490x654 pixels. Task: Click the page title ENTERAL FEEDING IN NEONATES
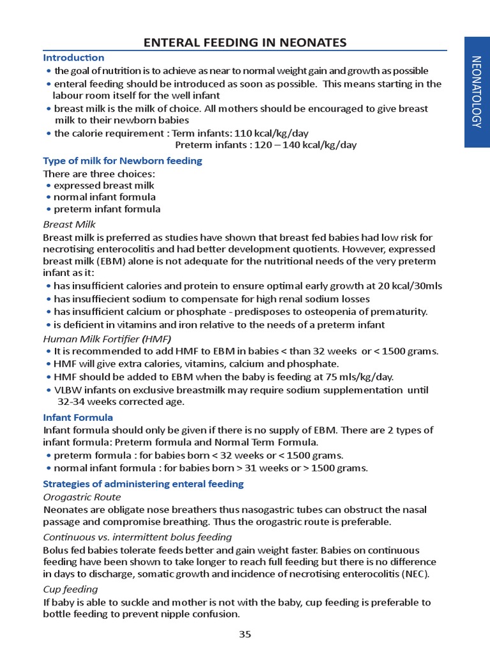point(245,43)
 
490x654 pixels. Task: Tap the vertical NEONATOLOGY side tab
point(477,92)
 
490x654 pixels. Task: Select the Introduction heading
point(73,57)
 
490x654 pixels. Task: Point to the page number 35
point(245,634)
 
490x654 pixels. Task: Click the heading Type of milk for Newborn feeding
point(122,160)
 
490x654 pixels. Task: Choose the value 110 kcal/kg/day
point(272,133)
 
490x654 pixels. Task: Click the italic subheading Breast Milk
point(69,224)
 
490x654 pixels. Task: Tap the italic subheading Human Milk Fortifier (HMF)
point(107,338)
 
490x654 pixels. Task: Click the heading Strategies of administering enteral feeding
point(143,483)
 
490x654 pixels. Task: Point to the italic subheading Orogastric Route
point(82,496)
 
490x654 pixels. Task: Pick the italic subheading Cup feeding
point(70,589)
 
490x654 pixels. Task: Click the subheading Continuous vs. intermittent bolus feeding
point(137,536)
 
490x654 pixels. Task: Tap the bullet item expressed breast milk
point(104,185)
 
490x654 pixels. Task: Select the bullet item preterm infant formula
point(107,209)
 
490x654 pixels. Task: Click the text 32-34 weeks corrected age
point(121,402)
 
